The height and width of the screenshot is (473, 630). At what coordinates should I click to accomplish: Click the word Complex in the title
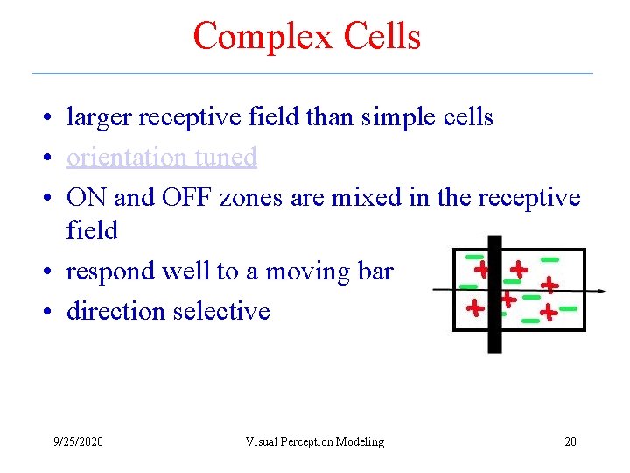coord(251,37)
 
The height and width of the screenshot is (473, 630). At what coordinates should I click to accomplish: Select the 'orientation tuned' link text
coord(161,157)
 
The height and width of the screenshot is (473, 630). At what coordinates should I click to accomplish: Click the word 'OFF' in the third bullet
coord(186,197)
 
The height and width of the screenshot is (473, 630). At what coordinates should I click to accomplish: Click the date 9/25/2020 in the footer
coord(77,441)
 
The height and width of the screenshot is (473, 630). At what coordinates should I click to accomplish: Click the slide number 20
coord(570,441)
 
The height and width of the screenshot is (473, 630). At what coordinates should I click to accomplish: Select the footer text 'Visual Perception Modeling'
coord(314,441)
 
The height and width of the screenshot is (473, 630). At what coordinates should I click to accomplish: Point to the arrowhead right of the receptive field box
coord(602,291)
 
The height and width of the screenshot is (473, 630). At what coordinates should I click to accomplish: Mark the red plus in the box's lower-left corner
coord(474,308)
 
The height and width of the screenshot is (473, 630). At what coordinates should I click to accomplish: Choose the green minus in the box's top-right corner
coord(549,259)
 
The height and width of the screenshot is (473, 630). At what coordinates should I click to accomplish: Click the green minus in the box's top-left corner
coord(474,258)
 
